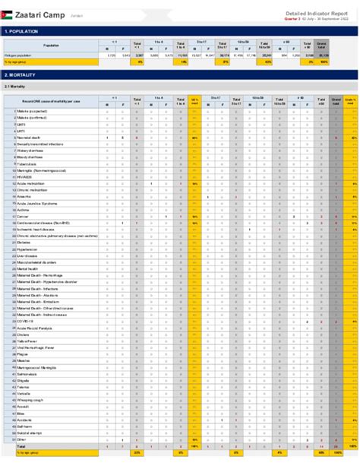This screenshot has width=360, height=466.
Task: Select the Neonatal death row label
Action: [x=29, y=138]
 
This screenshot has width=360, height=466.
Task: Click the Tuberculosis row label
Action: [x=27, y=163]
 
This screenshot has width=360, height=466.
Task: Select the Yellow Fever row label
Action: [x=28, y=341]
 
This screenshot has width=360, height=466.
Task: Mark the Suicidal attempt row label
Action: [x=30, y=432]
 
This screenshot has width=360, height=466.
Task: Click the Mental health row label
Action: [x=27, y=268]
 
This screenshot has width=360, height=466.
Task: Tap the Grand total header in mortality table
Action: [x=336, y=100]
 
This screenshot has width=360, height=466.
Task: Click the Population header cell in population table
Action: [x=51, y=46]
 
